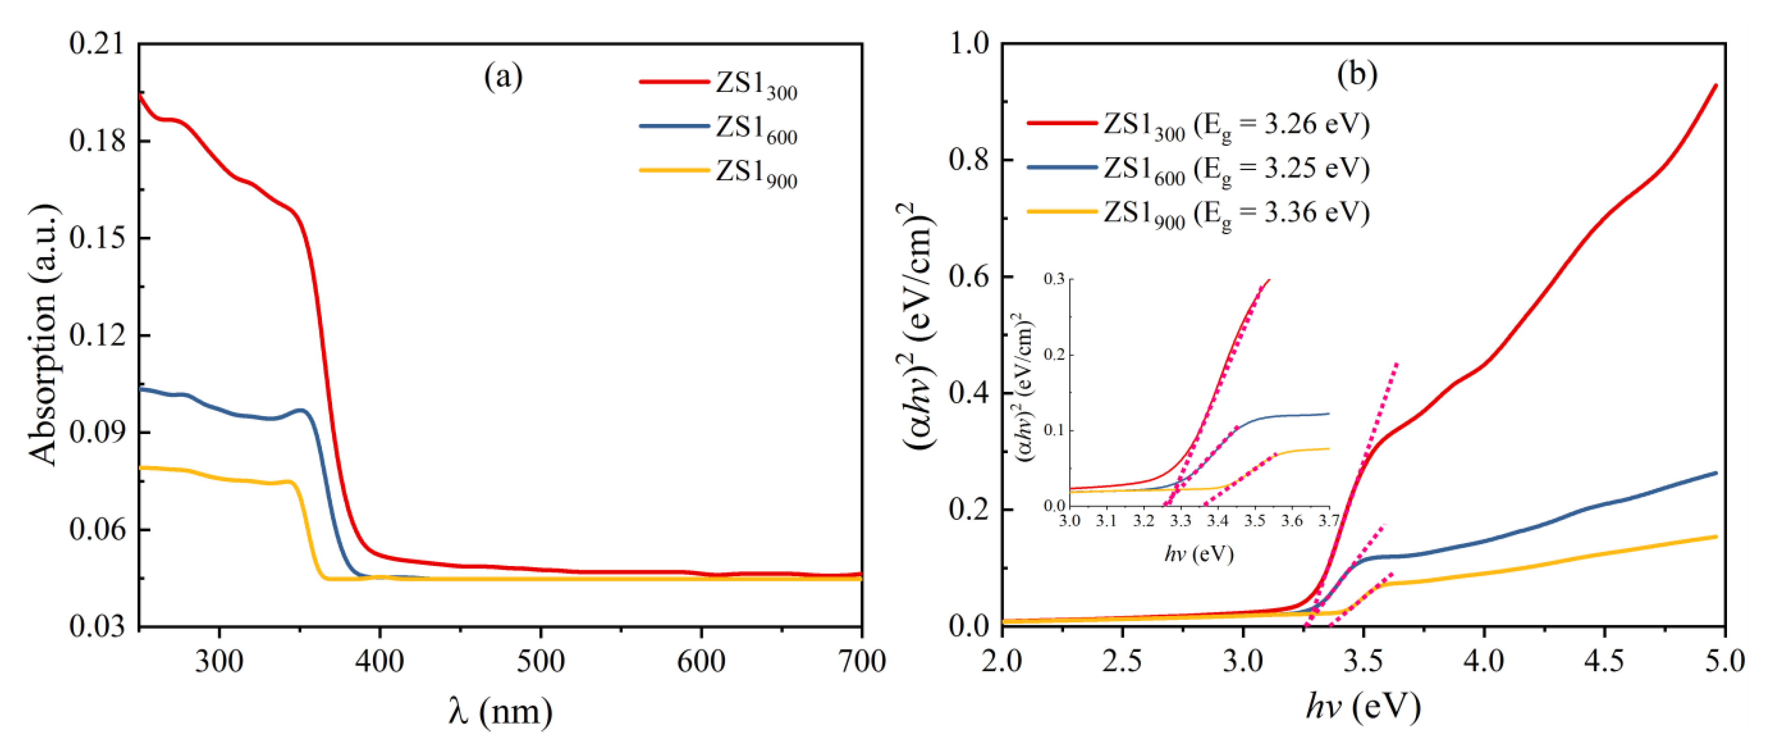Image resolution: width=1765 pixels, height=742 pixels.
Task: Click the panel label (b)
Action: pos(1357,75)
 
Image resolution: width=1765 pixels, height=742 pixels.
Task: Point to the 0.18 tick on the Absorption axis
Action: pos(98,140)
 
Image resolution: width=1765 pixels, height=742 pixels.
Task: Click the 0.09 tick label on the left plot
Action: pos(98,433)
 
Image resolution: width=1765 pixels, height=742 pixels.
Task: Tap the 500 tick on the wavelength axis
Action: pos(540,661)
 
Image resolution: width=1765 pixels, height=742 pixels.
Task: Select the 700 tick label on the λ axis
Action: pos(861,661)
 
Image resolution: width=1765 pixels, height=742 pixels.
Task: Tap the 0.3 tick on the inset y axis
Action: pos(1055,279)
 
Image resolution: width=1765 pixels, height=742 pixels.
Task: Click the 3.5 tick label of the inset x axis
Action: pos(1255,521)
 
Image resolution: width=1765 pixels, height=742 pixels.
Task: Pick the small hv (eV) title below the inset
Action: pos(1199,553)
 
